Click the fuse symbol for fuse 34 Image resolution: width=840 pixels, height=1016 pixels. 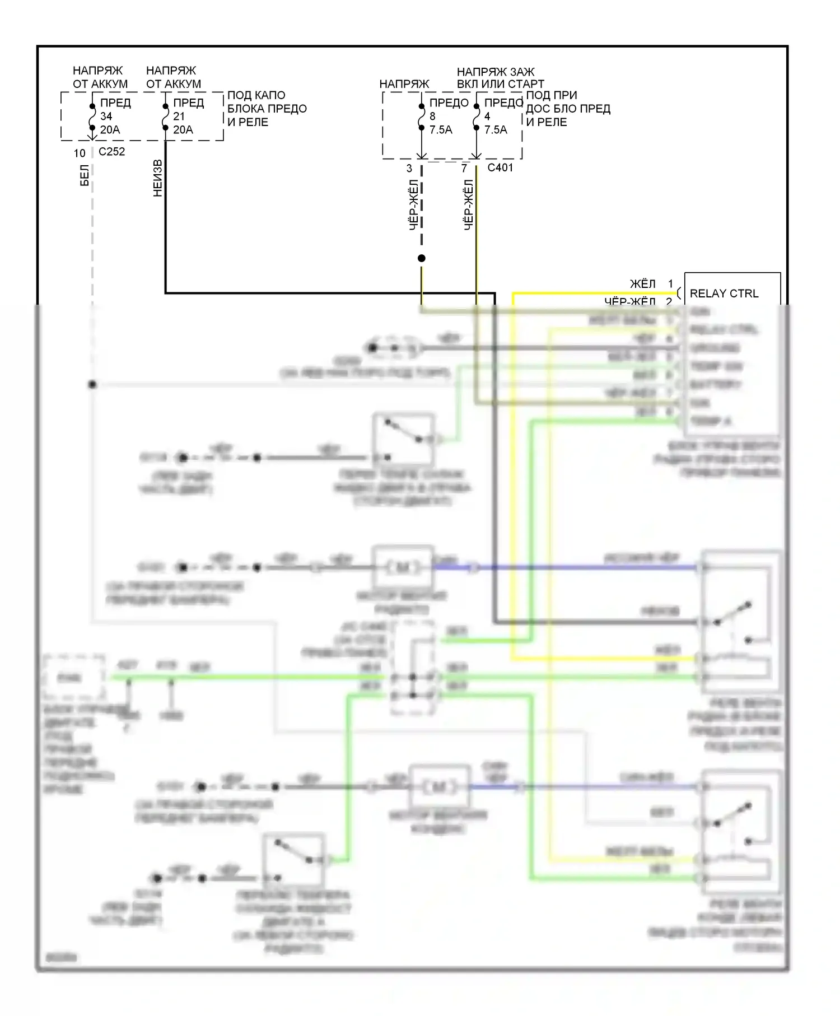click(92, 116)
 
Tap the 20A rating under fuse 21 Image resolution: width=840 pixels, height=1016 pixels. click(183, 130)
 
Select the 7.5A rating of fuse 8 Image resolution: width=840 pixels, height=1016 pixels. click(441, 130)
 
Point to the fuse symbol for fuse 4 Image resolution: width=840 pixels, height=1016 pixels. click(476, 116)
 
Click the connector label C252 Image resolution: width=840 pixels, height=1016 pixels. click(111, 152)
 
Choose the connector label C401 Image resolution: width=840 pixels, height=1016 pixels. click(500, 167)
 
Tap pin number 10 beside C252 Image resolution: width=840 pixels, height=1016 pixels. click(80, 153)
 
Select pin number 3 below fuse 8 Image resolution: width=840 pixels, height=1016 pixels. click(409, 168)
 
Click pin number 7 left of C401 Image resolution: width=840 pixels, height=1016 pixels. click(464, 168)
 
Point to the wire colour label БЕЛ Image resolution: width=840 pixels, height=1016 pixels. click(85, 175)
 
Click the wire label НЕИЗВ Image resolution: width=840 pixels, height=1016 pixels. click(158, 178)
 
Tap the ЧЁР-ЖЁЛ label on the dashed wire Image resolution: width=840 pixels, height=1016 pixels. click(413, 205)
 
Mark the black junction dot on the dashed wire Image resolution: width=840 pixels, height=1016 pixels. click(422, 258)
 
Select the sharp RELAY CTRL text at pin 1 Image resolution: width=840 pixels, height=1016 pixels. click(724, 293)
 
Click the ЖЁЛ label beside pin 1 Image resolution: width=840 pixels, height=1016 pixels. click(642, 284)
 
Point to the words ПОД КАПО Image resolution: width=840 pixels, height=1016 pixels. click(256, 95)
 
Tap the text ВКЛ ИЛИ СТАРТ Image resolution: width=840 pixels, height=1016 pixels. click(500, 84)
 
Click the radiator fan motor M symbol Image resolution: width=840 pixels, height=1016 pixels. click(403, 567)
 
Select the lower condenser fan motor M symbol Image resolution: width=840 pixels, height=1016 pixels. click(440, 787)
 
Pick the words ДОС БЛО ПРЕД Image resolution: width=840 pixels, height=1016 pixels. click(568, 109)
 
